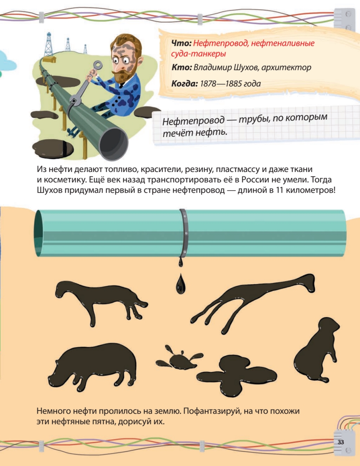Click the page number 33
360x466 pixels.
(341, 442)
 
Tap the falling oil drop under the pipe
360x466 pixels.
(181, 283)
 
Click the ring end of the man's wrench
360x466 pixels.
(98, 65)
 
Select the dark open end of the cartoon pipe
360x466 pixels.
(114, 144)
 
